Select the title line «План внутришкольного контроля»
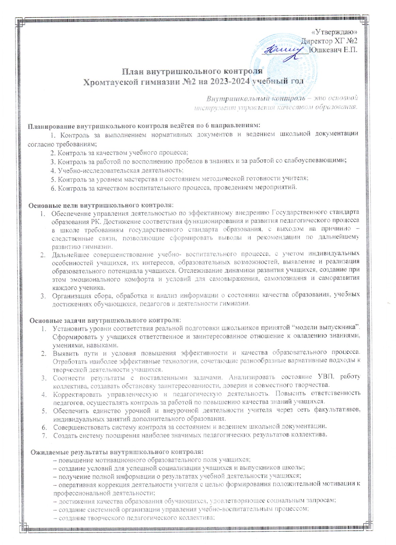(192, 72)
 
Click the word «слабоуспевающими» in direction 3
(318, 161)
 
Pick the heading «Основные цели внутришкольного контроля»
(101, 205)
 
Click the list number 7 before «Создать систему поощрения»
(44, 435)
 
